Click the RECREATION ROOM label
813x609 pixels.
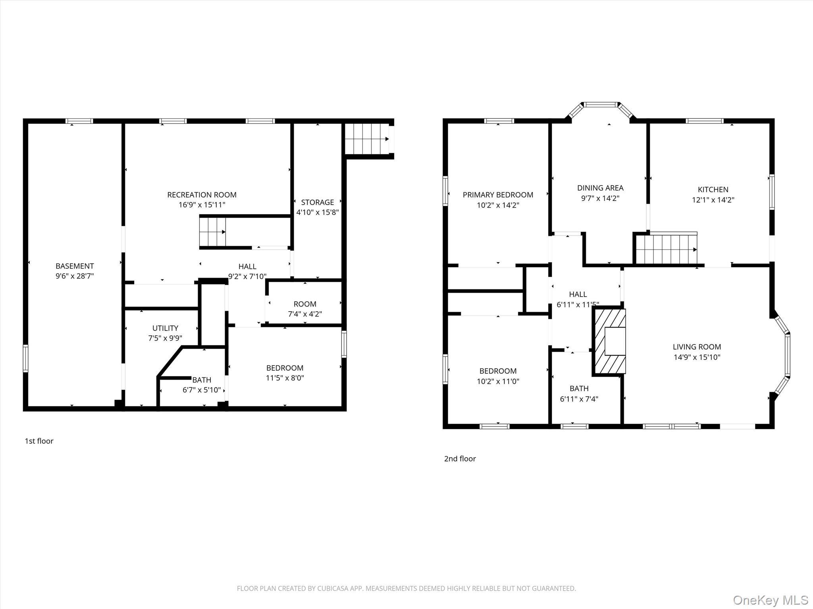(202, 195)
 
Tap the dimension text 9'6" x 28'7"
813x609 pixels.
(75, 276)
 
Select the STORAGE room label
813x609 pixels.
(317, 202)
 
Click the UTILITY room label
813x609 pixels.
(165, 328)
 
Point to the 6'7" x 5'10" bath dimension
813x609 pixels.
(202, 390)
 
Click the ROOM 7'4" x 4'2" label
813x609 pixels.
(305, 304)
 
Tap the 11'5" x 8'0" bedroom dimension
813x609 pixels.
(285, 378)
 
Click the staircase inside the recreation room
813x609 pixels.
(213, 232)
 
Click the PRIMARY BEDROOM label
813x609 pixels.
(498, 195)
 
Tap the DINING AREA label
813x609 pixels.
(600, 188)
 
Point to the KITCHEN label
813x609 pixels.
(713, 190)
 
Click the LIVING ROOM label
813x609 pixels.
(697, 347)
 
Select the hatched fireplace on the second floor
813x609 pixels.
(609, 341)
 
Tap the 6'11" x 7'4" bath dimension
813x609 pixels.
(579, 399)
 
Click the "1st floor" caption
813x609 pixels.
(39, 441)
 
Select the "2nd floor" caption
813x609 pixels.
(460, 459)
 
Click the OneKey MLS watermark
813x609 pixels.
(771, 600)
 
